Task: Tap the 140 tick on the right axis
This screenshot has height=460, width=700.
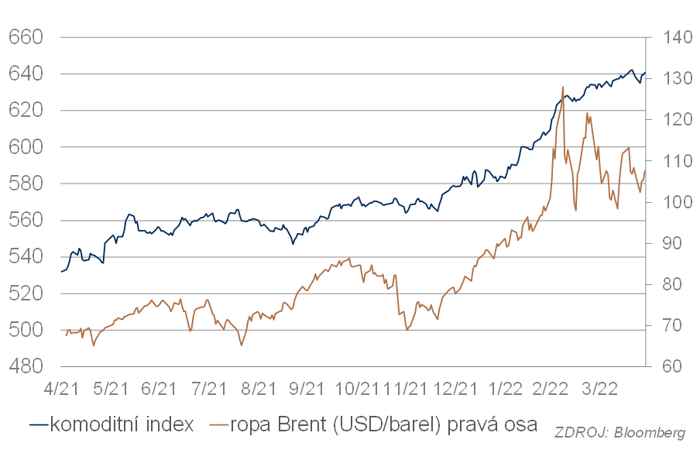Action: coord(671,37)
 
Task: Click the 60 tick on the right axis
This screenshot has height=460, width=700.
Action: coord(667,366)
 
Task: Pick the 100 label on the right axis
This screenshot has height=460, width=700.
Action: coord(671,202)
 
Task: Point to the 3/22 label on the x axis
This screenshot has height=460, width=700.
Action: coord(604,386)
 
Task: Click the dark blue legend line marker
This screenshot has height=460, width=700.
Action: coord(39,424)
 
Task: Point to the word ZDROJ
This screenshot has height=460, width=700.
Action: coord(580,433)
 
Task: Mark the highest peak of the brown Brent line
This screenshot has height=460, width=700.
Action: coord(563,87)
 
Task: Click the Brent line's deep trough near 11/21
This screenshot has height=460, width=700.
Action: coord(407,330)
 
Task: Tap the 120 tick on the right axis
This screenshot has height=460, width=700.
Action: coord(671,120)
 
